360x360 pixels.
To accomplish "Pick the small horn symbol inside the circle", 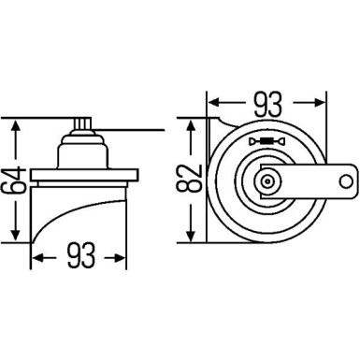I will click(x=266, y=142).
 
